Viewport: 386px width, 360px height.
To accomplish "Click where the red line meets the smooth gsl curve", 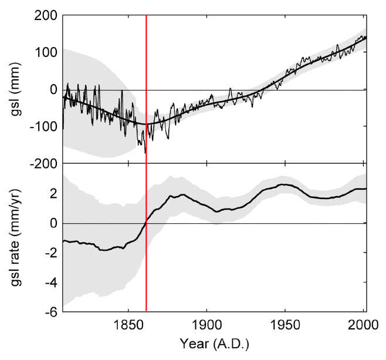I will [x=146, y=124].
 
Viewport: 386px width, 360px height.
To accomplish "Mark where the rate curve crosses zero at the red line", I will [x=146, y=222].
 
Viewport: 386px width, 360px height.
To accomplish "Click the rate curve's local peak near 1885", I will [x=182, y=194].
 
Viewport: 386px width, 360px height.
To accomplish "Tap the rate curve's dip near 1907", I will [x=217, y=211].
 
